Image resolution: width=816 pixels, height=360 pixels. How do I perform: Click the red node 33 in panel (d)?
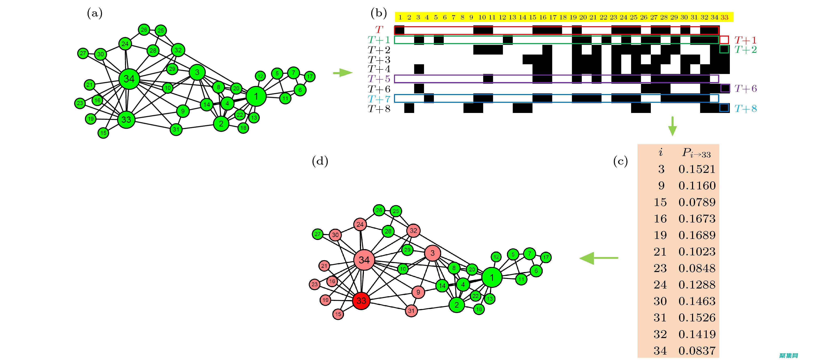coord(361,300)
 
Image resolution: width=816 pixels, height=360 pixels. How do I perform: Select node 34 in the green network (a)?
coord(129,79)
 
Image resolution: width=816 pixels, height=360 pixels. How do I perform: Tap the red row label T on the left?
coord(379,30)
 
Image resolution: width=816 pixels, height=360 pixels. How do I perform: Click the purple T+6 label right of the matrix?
coord(745,89)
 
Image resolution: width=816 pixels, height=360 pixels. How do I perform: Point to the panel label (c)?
coord(620,162)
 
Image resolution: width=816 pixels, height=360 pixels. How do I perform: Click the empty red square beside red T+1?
coord(724,40)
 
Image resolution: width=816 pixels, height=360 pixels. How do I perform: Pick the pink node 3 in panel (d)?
coord(432,253)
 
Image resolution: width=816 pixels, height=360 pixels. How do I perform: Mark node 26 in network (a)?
coord(144,30)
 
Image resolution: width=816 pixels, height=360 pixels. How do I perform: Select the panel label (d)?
coord(320,162)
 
